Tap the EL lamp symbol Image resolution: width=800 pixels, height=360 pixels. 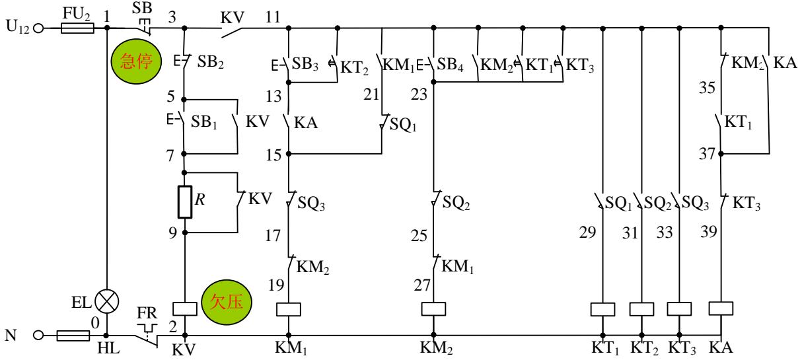coord(106,303)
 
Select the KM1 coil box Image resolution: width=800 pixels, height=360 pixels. coord(288,308)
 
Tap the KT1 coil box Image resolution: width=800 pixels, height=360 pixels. coord(602,308)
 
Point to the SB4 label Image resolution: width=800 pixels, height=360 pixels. coord(451,65)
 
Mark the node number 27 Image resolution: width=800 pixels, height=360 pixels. coord(422,286)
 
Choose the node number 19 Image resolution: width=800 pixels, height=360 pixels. coord(277,286)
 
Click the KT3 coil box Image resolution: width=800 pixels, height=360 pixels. coord(680,308)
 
